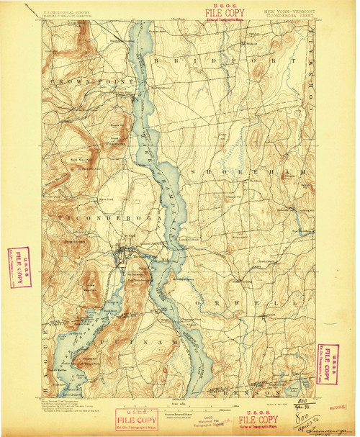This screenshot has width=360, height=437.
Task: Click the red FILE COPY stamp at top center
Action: [x=225, y=12]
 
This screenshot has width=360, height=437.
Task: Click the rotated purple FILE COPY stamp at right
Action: [x=329, y=364]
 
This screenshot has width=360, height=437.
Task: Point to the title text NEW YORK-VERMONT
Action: [x=288, y=12]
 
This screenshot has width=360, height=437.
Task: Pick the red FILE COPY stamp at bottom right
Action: [x=258, y=420]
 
